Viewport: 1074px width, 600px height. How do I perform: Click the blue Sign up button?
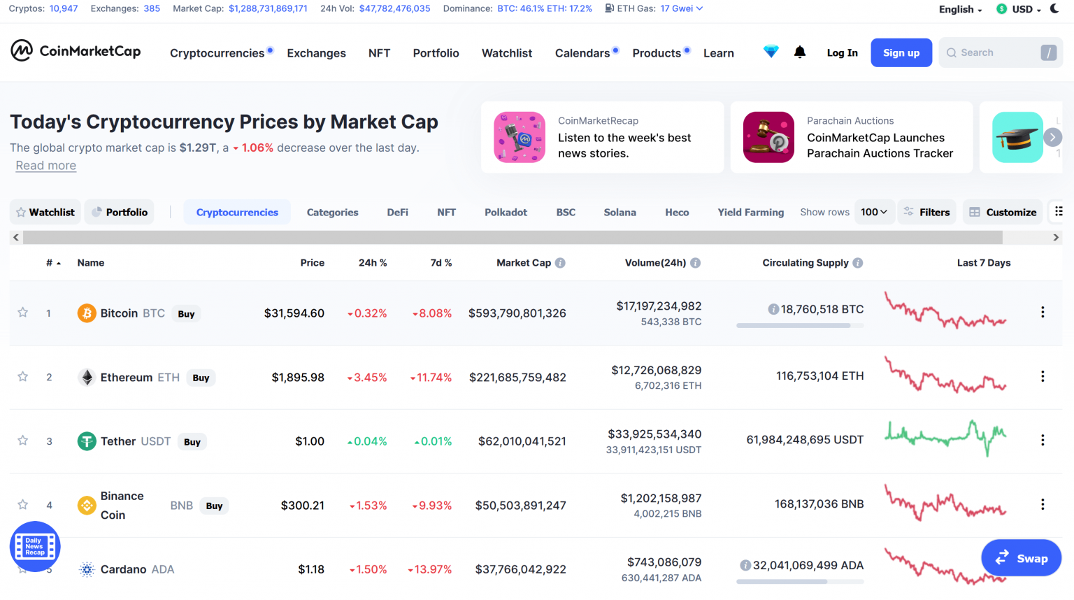[x=901, y=53]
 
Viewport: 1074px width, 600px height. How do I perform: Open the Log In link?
[x=842, y=53]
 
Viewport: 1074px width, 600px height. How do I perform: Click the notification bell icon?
[x=800, y=52]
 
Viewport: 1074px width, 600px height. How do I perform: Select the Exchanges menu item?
[x=316, y=53]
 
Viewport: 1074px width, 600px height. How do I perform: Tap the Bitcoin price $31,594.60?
[x=294, y=313]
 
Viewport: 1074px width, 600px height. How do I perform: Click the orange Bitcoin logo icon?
[x=87, y=313]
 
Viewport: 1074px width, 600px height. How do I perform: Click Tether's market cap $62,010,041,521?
[x=522, y=441]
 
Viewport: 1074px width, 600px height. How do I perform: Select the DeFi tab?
[x=397, y=213]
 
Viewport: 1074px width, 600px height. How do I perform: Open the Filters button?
[x=926, y=212]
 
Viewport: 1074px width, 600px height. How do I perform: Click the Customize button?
[x=1003, y=212]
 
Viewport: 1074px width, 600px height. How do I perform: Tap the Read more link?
[x=46, y=166]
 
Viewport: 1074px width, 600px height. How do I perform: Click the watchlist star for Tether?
[x=23, y=441]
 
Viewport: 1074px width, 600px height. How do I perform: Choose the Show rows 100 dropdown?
[x=874, y=212]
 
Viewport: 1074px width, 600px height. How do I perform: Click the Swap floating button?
[x=1021, y=558]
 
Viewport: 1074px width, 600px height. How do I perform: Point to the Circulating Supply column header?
[x=805, y=263]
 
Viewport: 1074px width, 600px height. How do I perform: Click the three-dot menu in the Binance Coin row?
[x=1043, y=504]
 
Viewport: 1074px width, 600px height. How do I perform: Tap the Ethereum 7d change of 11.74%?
[x=432, y=378]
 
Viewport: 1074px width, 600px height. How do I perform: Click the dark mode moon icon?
[x=1054, y=9]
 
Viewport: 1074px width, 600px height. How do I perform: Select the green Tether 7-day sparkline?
[x=945, y=438]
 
